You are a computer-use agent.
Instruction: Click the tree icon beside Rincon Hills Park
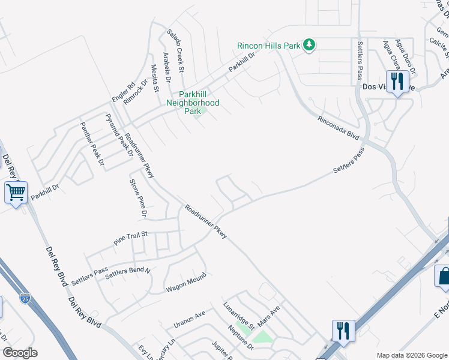click(x=309, y=45)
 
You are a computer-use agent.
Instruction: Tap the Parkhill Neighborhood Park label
click(x=192, y=103)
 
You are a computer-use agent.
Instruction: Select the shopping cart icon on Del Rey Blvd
click(x=16, y=193)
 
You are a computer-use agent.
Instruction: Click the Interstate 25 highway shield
click(x=23, y=296)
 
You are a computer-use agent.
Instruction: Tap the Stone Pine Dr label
click(x=138, y=197)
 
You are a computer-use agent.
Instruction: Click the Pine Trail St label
click(x=131, y=238)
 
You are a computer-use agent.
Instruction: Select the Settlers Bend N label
click(x=127, y=274)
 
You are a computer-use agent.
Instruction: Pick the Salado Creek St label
click(x=175, y=49)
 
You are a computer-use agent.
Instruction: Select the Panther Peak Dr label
click(x=92, y=144)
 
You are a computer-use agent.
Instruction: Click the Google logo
click(x=20, y=353)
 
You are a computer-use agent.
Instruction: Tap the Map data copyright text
click(x=411, y=355)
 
